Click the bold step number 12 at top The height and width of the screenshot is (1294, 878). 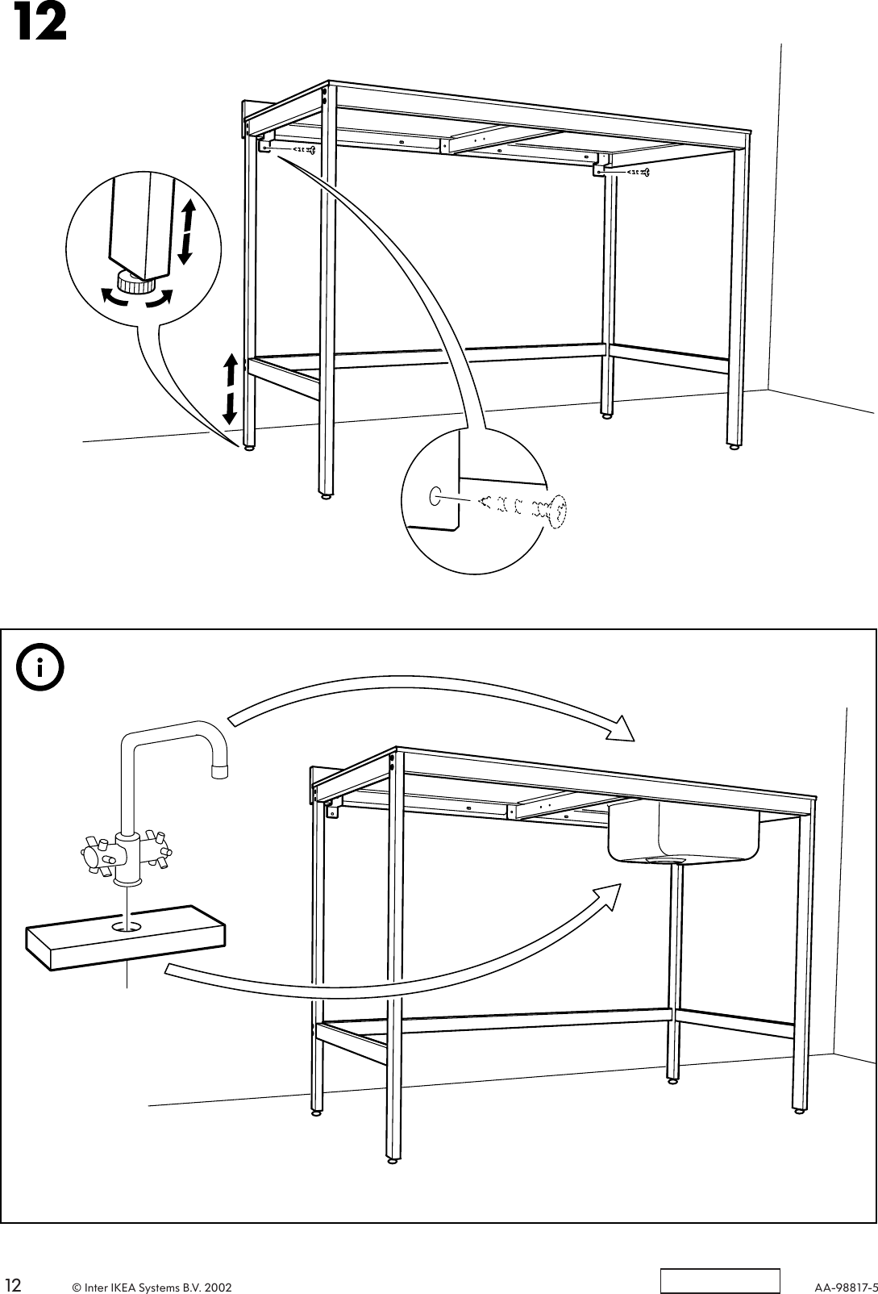(38, 25)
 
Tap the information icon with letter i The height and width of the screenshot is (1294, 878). (40, 669)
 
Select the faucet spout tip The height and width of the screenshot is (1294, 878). (218, 770)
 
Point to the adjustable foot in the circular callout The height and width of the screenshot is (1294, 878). (136, 284)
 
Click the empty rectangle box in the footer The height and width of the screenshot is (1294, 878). (721, 1280)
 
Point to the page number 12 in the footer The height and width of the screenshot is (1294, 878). (14, 1283)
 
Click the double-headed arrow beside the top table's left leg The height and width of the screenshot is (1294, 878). (231, 389)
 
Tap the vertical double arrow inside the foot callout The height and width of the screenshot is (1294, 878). (186, 232)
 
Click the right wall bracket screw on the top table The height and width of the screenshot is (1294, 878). (636, 172)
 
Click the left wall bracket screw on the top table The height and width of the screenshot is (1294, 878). (302, 149)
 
